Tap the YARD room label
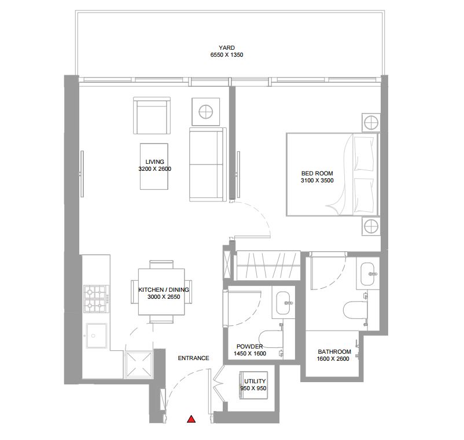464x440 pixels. [227, 47]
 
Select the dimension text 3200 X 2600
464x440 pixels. [154, 169]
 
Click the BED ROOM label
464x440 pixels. [316, 173]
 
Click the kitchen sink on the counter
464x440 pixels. [94, 334]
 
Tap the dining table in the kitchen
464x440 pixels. [162, 292]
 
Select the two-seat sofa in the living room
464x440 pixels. [207, 165]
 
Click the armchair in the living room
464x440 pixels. [152, 116]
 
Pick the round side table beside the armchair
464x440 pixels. [206, 111]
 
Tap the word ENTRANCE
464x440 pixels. [193, 358]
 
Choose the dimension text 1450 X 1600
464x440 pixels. [249, 354]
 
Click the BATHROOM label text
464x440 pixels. [334, 352]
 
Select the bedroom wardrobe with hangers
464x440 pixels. [267, 265]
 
